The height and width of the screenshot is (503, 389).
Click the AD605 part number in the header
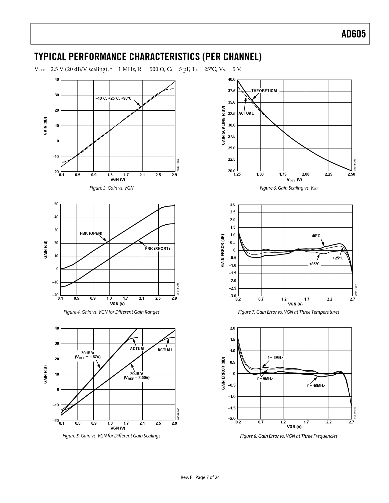coord(353,34)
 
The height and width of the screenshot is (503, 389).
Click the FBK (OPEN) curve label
coord(91,234)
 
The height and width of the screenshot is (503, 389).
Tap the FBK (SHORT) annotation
coord(157,249)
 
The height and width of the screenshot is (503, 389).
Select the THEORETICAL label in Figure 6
coord(265,91)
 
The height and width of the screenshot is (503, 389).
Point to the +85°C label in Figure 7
coord(314,264)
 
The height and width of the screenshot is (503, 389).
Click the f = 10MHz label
coord(316,386)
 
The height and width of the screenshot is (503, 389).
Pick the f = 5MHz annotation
coord(265,379)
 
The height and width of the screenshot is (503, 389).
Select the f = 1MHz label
coord(275,358)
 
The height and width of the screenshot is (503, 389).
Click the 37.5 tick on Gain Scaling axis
coord(232,91)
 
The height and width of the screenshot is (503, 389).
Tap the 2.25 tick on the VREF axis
coord(329,174)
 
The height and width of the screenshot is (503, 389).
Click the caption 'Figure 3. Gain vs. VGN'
coord(111,188)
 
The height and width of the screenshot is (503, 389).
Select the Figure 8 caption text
coord(289,436)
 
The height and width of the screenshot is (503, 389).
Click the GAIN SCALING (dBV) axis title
coord(223,126)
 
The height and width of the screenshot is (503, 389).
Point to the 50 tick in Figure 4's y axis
coord(56,204)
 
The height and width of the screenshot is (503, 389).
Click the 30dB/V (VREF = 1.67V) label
coord(88,355)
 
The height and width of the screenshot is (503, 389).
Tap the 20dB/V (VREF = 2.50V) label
coord(137,376)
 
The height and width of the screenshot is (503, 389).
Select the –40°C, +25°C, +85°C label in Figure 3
coord(113,98)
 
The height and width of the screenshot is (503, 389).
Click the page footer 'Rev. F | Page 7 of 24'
coord(200,477)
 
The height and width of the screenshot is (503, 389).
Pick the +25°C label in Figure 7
coord(338,258)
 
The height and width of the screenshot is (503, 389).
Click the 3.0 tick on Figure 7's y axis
coord(233,204)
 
